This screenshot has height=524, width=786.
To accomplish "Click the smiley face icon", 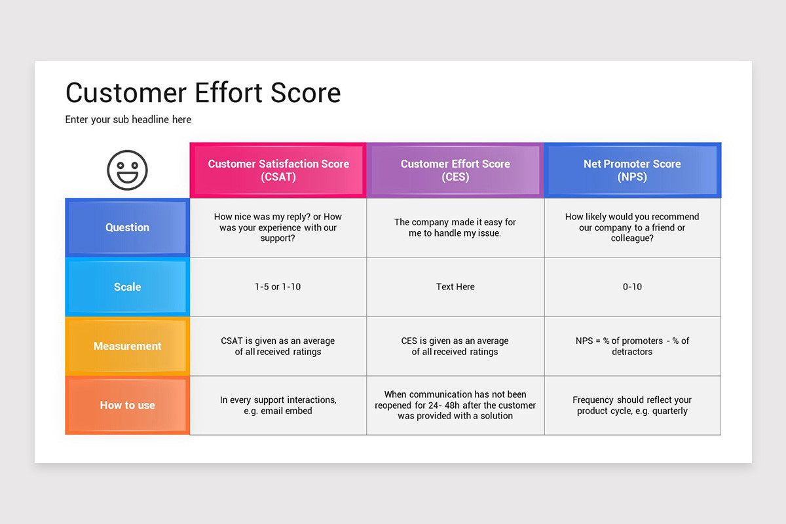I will pyautogui.click(x=127, y=170).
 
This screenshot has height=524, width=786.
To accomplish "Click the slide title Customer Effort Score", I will pyautogui.click(x=203, y=93).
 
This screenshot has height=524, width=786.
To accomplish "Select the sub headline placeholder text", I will pyautogui.click(x=128, y=120).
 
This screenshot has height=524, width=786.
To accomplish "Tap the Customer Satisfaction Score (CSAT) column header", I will pyautogui.click(x=278, y=170).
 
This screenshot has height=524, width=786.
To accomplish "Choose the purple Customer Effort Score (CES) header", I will pyautogui.click(x=455, y=170).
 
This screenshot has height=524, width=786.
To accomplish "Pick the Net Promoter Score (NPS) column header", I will pyautogui.click(x=632, y=170).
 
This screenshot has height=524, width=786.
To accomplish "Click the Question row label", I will pyautogui.click(x=127, y=227).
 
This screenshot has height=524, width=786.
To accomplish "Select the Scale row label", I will pyautogui.click(x=127, y=287).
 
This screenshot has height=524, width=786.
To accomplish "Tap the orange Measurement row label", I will pyautogui.click(x=127, y=346).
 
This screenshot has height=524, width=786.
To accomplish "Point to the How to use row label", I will pyautogui.click(x=127, y=405).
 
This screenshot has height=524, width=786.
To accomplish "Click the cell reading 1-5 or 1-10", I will pyautogui.click(x=278, y=287).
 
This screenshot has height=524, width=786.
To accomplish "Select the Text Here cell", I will pyautogui.click(x=455, y=287).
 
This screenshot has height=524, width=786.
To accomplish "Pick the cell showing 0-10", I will pyautogui.click(x=632, y=287).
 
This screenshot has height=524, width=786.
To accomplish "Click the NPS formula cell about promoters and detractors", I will pyautogui.click(x=632, y=346).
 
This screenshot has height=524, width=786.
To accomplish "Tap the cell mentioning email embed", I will pyautogui.click(x=278, y=405).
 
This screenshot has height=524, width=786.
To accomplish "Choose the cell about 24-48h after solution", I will pyautogui.click(x=455, y=405).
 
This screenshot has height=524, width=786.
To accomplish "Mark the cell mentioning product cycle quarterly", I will pyautogui.click(x=632, y=405).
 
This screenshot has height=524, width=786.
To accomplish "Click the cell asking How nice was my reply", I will pyautogui.click(x=278, y=227).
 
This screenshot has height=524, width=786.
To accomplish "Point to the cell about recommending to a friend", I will pyautogui.click(x=632, y=227).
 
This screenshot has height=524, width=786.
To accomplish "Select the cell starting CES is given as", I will pyautogui.click(x=455, y=346).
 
